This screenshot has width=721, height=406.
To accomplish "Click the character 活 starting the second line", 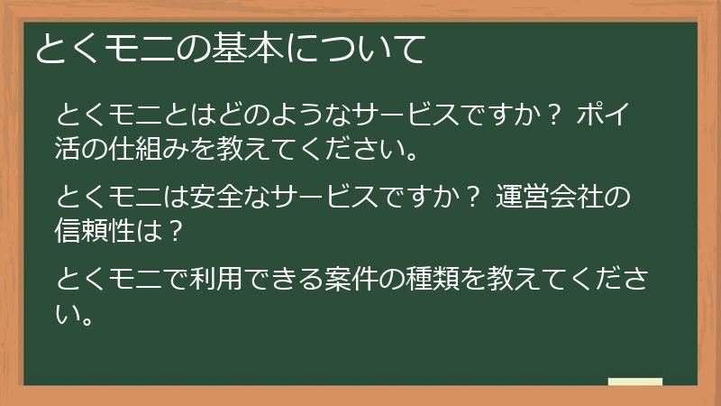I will [68, 146].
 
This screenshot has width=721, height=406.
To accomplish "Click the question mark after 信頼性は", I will [177, 229].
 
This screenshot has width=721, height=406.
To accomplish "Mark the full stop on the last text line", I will [87, 318].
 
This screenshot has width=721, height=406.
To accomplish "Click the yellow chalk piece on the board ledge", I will [634, 381].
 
